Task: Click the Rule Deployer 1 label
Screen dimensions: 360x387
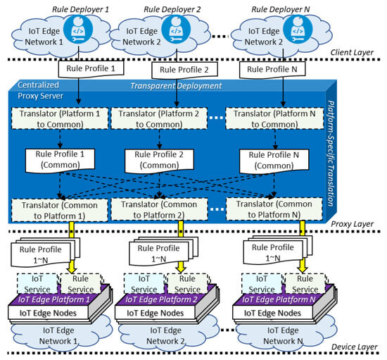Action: point(76,8)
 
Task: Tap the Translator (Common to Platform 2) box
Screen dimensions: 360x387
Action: point(161,208)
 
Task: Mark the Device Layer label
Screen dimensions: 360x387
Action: point(353,347)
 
